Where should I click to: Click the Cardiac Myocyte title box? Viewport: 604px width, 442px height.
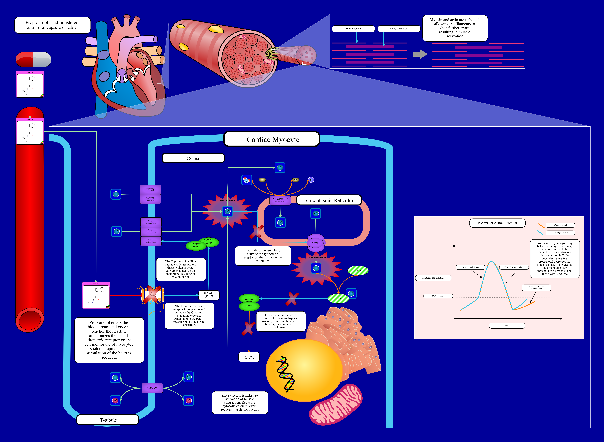pos(272,139)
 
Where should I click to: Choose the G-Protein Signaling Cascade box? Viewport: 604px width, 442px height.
pos(209,295)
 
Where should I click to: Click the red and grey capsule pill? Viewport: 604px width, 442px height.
pos(34,59)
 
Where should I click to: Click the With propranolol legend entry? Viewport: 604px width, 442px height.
pos(560,225)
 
